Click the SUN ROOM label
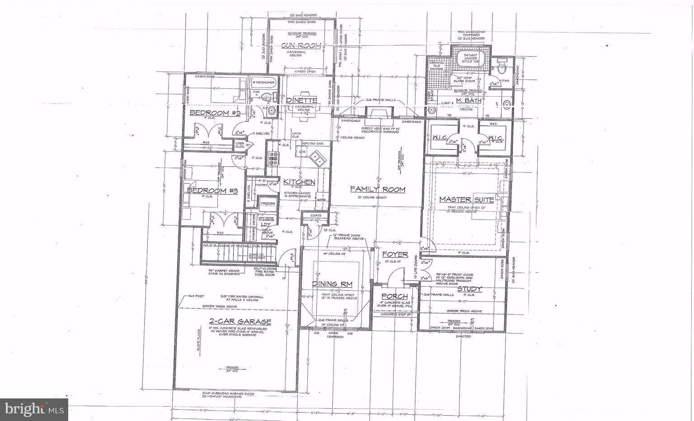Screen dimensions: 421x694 pyautogui.click(x=301, y=46)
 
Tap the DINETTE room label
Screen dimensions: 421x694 pyautogui.click(x=301, y=100)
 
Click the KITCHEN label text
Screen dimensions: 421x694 pyautogui.click(x=299, y=182)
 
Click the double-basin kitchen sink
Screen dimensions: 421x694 pyautogui.click(x=318, y=159)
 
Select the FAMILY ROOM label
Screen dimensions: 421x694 pyautogui.click(x=378, y=190)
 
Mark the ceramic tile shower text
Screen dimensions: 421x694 pyautogui.click(x=437, y=66)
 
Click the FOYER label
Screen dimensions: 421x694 pyautogui.click(x=395, y=255)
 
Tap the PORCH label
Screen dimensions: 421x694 pyautogui.click(x=394, y=297)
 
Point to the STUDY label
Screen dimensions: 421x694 pyautogui.click(x=469, y=289)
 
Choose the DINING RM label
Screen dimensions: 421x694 pyautogui.click(x=332, y=284)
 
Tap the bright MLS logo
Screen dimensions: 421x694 pyautogui.click(x=34, y=409)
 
